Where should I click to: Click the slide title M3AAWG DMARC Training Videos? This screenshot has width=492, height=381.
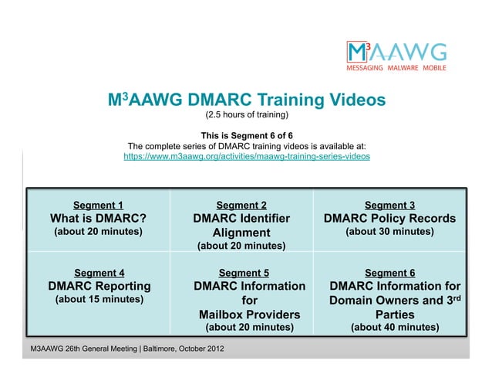pos(246,100)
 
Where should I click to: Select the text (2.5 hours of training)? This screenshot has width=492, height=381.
pos(246,116)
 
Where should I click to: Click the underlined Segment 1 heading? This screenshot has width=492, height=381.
pos(98,205)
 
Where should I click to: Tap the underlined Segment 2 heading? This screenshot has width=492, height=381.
pos(241,205)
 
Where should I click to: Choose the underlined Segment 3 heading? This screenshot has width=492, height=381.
pos(389,205)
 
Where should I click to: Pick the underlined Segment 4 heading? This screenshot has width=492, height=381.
pos(99,272)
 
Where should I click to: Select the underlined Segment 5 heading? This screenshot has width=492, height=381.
pos(244,272)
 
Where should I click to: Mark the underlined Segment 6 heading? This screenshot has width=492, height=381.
pos(389,272)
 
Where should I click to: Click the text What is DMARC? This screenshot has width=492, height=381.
pos(98,218)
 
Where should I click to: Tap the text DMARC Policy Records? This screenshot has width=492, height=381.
pos(389,218)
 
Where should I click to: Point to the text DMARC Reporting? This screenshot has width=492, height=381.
pos(99,286)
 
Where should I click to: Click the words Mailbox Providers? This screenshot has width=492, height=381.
pos(249,315)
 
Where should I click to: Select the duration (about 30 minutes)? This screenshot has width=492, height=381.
pos(389,232)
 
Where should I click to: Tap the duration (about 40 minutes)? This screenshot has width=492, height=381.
pos(395,328)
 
